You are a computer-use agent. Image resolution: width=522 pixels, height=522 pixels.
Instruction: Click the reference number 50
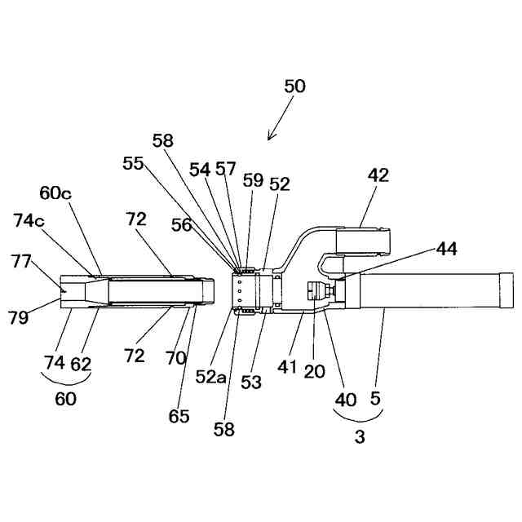tap(295, 85)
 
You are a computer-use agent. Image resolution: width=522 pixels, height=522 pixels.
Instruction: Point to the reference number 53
tap(252, 381)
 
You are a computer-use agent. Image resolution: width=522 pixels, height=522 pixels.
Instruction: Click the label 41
tap(287, 366)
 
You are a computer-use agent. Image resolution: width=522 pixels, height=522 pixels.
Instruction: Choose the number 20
tap(314, 371)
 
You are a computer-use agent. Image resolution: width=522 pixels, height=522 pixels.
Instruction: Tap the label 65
tap(179, 416)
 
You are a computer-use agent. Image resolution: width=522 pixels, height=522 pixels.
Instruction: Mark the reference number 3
tap(359, 437)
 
